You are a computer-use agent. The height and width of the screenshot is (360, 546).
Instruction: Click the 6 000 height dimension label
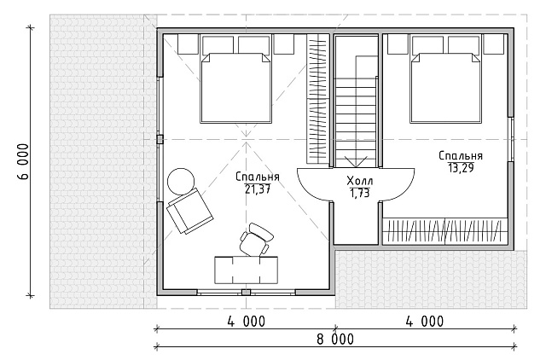click(x=23, y=161)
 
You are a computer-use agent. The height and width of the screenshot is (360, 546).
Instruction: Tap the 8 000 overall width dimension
click(x=335, y=339)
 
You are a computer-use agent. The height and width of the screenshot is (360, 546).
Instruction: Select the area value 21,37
click(x=258, y=189)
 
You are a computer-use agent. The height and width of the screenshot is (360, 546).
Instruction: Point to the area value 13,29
click(x=461, y=167)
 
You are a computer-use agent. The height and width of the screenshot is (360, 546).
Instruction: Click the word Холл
click(x=360, y=181)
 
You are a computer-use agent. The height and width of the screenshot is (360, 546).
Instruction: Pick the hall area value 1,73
click(x=360, y=194)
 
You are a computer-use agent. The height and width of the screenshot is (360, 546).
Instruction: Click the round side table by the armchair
click(x=181, y=182)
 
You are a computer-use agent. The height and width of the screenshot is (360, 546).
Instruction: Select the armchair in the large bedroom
click(x=189, y=211)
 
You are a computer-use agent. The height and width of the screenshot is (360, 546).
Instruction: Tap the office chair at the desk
click(x=256, y=240)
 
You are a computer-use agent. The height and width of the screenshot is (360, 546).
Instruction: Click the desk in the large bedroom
click(x=247, y=270)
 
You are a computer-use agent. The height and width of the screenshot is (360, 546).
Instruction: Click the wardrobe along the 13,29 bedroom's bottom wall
click(x=444, y=231)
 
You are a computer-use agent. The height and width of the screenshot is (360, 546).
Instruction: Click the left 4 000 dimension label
click(x=247, y=322)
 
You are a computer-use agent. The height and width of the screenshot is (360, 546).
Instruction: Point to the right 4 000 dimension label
click(x=425, y=322)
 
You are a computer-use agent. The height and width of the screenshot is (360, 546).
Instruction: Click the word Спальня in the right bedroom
click(x=461, y=156)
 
